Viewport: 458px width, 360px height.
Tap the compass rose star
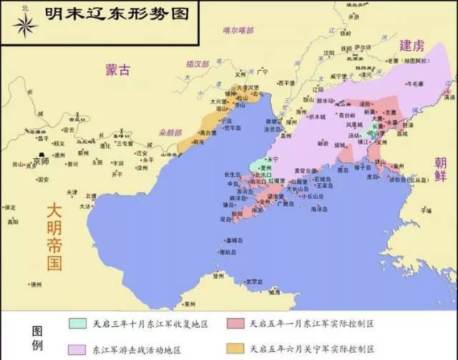click(x=25, y=26)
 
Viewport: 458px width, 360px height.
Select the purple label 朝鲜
click(x=440, y=170)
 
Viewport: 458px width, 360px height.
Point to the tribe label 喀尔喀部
click(x=238, y=30)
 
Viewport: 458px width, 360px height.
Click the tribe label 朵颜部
click(x=170, y=132)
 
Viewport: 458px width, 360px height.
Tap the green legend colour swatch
click(x=78, y=324)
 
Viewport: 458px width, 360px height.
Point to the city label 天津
click(x=72, y=193)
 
